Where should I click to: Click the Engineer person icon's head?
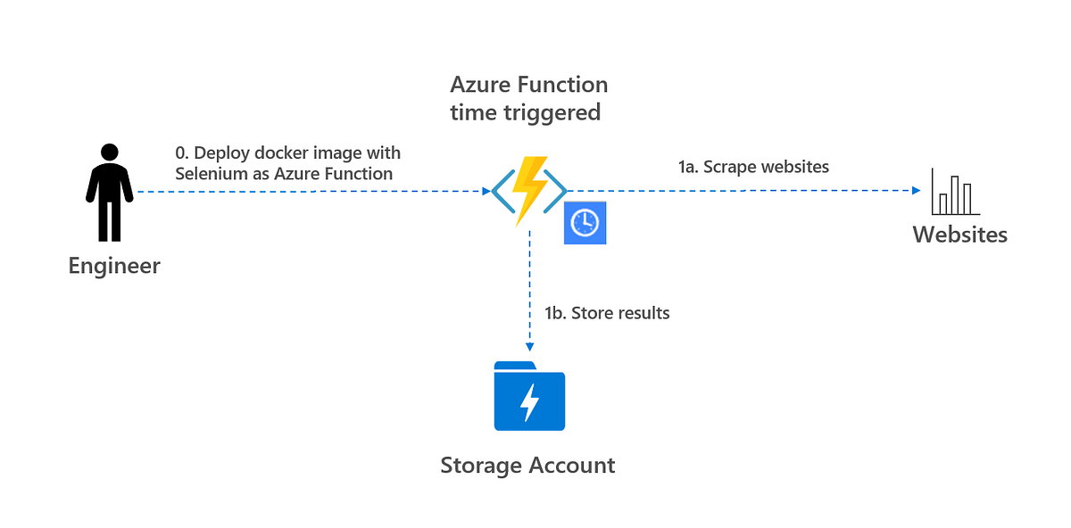pos(109,153)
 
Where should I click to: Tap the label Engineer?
pos(114,266)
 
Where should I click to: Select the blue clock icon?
pos(585,223)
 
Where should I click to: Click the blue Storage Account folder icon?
pos(529,397)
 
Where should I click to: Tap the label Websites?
pos(959,235)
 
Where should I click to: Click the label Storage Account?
pos(527,466)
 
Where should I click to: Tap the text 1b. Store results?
pos(607,313)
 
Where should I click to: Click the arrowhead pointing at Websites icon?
pos(916,190)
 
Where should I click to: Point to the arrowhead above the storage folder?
pos(530,348)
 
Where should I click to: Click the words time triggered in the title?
pos(525,112)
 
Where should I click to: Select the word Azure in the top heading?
pos(481,85)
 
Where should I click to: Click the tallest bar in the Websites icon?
pos(954,194)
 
